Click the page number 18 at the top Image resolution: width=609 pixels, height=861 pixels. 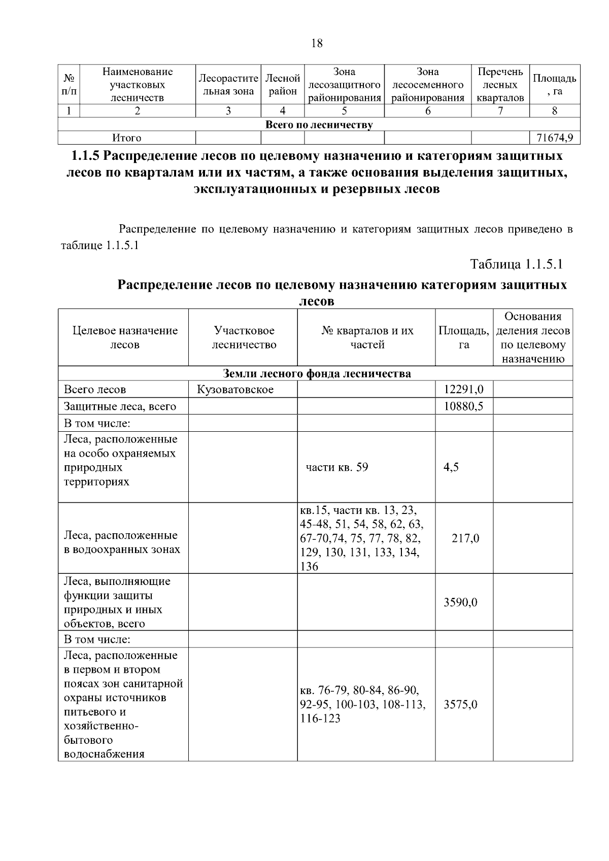[x=316, y=43]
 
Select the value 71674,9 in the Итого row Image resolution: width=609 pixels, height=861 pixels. [x=555, y=137]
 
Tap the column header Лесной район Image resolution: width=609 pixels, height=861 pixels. [x=283, y=85]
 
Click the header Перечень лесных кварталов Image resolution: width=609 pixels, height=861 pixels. [x=500, y=85]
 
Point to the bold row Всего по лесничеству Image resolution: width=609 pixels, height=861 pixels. [x=319, y=125]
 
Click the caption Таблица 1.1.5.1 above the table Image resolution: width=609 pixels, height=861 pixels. [x=517, y=264]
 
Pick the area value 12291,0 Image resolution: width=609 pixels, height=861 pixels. [x=463, y=389]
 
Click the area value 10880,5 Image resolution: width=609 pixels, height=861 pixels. [x=463, y=406]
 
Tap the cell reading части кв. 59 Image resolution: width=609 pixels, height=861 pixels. [x=337, y=467]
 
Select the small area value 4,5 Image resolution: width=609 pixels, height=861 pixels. [x=451, y=467]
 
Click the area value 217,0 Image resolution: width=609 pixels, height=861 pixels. [x=465, y=538]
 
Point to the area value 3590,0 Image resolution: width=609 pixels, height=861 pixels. [x=460, y=602]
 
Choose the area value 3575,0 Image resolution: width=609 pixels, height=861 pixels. [x=460, y=704]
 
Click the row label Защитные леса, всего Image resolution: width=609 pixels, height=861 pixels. [x=120, y=406]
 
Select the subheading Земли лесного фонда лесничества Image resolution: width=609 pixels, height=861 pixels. [x=317, y=374]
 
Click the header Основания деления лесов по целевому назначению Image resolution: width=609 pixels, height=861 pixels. [x=532, y=337]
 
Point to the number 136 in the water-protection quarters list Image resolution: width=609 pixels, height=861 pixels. [x=309, y=567]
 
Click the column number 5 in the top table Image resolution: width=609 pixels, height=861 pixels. [x=344, y=111]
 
